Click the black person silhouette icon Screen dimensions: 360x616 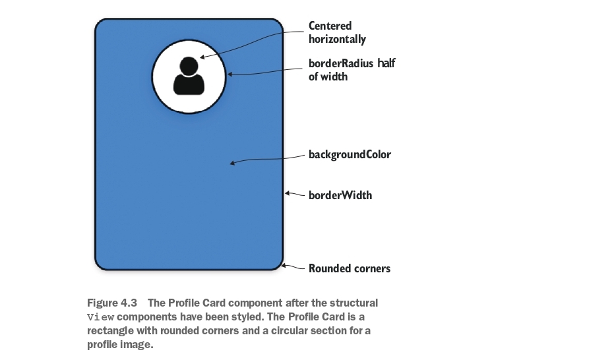point(189,75)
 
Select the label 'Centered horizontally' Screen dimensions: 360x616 point(337,32)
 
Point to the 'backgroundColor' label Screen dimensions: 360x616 point(350,155)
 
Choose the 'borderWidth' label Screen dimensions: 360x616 point(340,195)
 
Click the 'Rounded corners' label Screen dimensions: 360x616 point(350,268)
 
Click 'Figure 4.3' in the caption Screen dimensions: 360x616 point(111,303)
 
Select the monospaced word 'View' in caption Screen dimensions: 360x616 point(96,317)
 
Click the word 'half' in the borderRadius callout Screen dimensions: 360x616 point(386,64)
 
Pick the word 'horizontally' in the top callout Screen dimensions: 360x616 point(337,39)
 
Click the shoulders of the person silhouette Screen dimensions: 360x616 point(189,83)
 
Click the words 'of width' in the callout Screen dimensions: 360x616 point(328,76)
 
